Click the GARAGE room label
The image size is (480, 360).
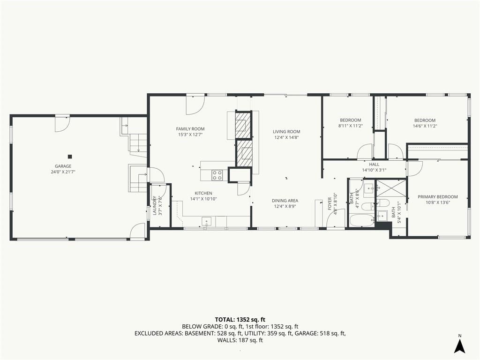pos(63,166)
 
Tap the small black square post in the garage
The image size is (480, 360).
pos(70,157)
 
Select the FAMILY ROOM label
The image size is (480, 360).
pos(190,129)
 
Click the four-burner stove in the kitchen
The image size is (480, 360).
pos(217,175)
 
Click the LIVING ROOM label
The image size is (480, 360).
pos(286,132)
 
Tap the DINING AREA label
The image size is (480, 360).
pos(285,201)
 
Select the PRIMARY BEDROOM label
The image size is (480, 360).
pos(438,197)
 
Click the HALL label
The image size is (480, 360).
pos(374,165)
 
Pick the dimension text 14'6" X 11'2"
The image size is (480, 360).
pos(425,126)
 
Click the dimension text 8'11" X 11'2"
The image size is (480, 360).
pos(351,126)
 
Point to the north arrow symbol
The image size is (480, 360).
pos(459,346)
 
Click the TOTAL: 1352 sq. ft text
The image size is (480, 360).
pos(240,320)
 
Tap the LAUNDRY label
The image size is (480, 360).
pos(155,205)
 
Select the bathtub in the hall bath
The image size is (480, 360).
pos(361,220)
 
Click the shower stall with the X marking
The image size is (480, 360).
pos(390,188)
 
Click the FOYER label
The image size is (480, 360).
pos(330,203)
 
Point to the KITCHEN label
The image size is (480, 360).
pos(203,193)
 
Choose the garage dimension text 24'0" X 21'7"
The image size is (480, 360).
pos(63,172)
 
